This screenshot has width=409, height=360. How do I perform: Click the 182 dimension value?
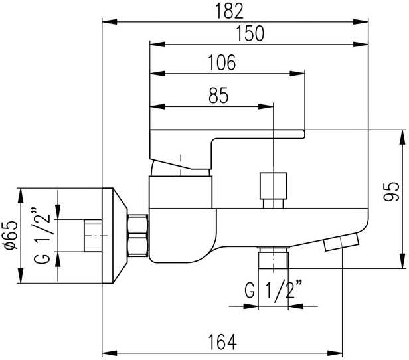point(229,11)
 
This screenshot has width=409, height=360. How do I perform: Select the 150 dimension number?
point(250,33)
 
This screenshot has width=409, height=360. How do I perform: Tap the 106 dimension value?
point(222,62)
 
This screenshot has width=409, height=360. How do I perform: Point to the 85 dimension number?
point(218,96)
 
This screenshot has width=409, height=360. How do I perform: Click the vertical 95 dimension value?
point(391,191)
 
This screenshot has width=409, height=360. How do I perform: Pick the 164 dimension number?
point(222,342)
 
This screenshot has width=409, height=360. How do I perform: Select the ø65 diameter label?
point(12,235)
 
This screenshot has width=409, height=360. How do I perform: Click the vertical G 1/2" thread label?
point(42,235)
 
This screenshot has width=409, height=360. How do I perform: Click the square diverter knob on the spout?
point(273,186)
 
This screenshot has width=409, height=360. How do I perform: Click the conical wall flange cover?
point(115,235)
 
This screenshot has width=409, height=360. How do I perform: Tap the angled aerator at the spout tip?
point(341,242)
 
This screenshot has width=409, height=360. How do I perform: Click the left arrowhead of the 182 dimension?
point(110,22)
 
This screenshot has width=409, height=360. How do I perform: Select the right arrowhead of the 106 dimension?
point(297,74)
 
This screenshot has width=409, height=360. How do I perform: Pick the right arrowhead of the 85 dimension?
point(266,106)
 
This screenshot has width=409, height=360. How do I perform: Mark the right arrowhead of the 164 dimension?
point(335,353)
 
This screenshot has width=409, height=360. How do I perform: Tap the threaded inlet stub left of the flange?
point(93,236)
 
